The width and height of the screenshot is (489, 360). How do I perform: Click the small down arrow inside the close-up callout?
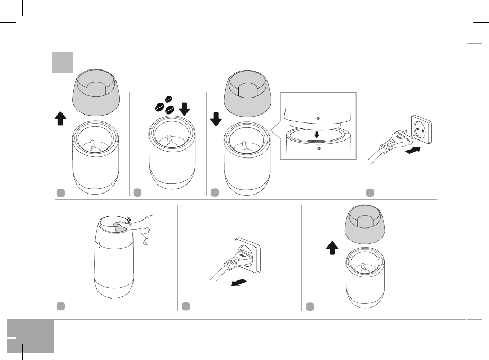316,135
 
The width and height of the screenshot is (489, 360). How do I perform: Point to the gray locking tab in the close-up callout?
316,142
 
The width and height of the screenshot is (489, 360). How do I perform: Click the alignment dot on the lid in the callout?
317,118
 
